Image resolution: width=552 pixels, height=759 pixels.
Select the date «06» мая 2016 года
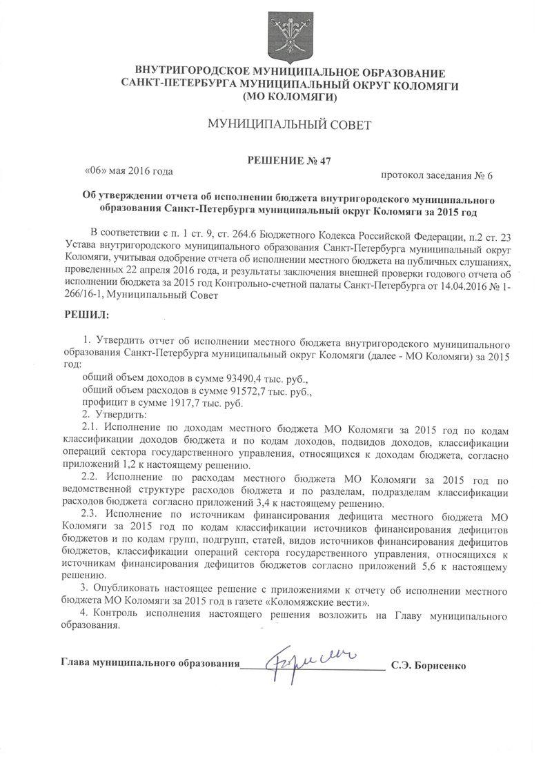128,170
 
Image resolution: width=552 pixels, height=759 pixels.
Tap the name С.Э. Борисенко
428,666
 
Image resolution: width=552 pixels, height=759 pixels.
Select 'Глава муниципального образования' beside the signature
149,666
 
